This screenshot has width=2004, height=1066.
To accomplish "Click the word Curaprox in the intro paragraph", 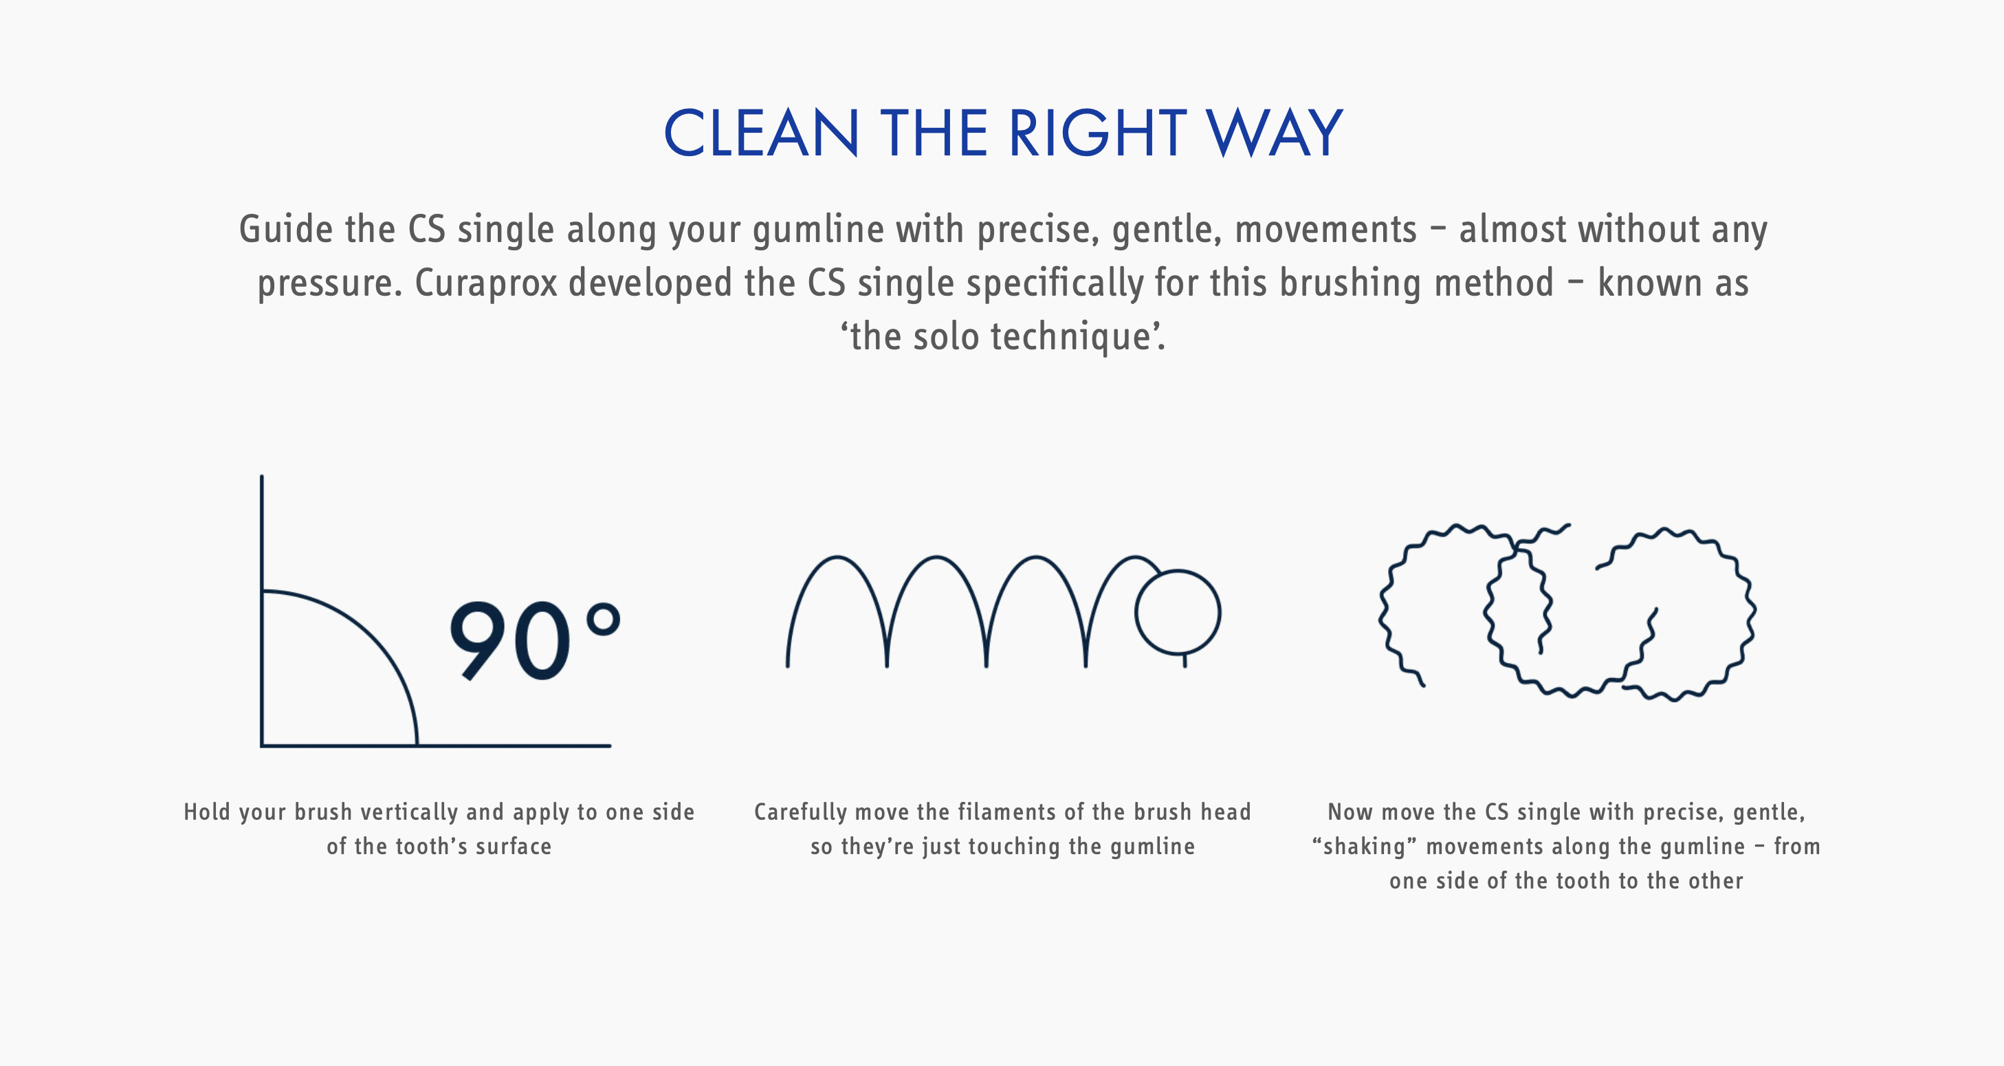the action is tap(486, 283).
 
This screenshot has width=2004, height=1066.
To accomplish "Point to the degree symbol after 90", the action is tap(603, 620).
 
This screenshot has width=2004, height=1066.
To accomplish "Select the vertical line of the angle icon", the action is tap(261, 611).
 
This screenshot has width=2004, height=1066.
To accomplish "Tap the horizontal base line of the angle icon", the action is tap(436, 746).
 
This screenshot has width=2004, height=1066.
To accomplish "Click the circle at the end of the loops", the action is tap(1178, 612).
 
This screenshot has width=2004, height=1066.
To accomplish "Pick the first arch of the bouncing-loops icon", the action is tap(837, 557).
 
